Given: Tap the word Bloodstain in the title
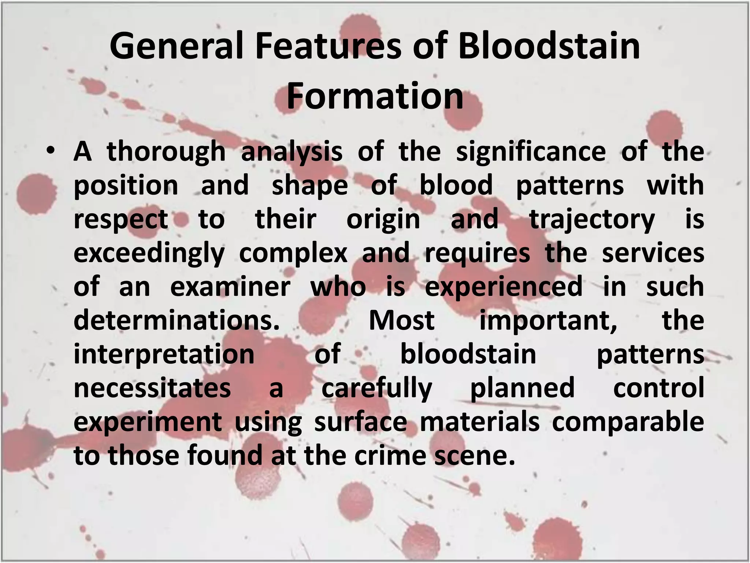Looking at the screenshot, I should [549, 46].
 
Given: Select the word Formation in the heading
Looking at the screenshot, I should [375, 96].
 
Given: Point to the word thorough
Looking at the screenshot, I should [166, 151].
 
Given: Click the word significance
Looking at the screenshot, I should [531, 151].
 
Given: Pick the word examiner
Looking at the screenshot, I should [230, 287].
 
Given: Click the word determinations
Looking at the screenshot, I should [177, 320].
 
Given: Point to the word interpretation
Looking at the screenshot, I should [164, 354].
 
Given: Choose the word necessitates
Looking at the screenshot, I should [152, 388].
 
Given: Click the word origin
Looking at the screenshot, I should [383, 220].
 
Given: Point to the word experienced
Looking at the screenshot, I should [503, 287].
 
